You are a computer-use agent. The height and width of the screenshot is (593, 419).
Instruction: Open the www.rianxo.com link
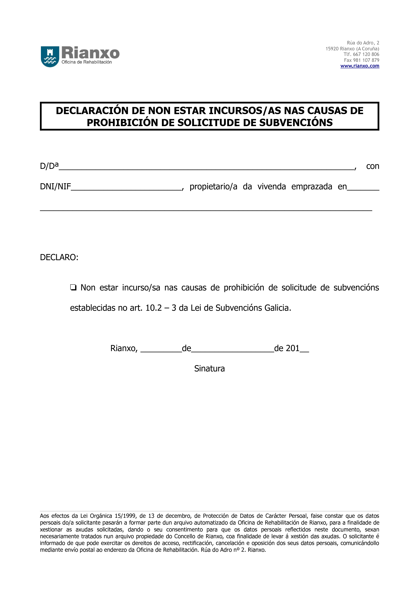click(360, 66)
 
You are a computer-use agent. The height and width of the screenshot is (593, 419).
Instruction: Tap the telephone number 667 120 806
click(366, 54)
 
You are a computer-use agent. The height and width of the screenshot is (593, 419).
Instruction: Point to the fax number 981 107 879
click(366, 60)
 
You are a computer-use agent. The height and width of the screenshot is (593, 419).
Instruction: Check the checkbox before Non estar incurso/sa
click(73, 288)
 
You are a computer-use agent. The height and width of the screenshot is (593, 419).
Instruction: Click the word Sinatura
click(209, 369)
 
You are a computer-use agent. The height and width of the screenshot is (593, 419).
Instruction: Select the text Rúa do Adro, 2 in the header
click(363, 43)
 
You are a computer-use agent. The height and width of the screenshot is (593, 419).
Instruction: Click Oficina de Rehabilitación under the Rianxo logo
click(87, 62)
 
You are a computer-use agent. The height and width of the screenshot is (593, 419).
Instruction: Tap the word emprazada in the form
click(312, 186)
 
